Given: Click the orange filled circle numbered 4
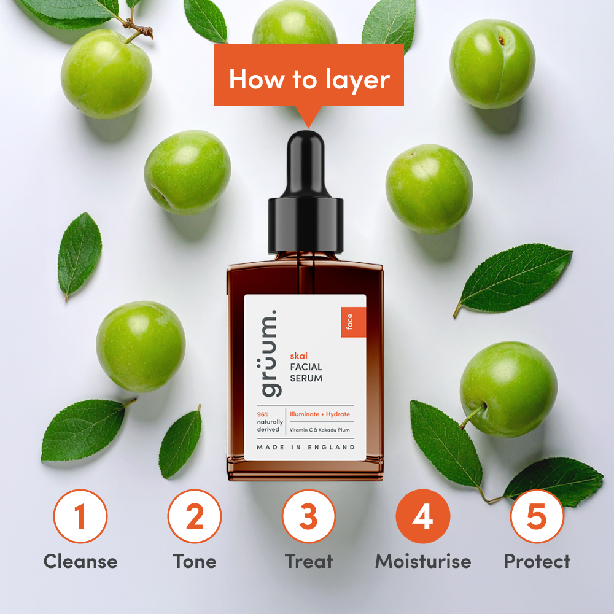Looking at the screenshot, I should click(422, 516).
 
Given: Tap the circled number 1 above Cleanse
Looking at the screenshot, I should click(80, 516).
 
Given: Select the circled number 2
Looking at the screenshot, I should click(195, 516).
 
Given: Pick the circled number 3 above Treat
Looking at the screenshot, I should click(309, 516).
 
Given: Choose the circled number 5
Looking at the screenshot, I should click(537, 516).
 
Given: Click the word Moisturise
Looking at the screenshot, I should click(423, 561).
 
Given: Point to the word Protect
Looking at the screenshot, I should click(537, 561).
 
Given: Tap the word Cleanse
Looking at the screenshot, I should click(80, 561).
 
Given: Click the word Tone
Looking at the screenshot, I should click(195, 561).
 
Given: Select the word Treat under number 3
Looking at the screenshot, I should click(309, 561).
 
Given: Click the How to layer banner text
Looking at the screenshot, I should click(309, 80).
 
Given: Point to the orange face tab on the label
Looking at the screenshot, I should click(349, 322).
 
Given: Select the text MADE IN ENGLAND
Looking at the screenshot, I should click(306, 446).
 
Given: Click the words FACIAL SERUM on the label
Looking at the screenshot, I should click(306, 372).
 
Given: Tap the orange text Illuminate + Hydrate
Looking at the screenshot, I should click(320, 414).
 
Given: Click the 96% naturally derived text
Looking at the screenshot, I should click(268, 422).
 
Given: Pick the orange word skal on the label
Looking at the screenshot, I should click(298, 355).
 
